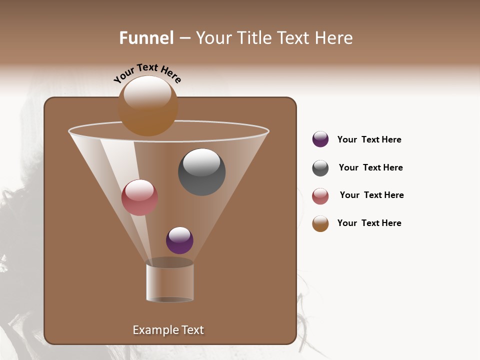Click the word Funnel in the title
click(146, 38)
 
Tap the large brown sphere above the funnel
click(148, 106)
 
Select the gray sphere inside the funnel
click(201, 172)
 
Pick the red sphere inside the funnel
click(139, 197)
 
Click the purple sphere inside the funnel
click(179, 240)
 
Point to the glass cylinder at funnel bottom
click(170, 282)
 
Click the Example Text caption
click(168, 330)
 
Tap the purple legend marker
click(320, 139)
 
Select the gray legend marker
click(320, 168)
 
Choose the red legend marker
click(320, 196)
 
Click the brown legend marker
click(320, 223)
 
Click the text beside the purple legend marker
click(369, 140)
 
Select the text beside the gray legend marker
click(370, 168)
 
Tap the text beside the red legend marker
click(371, 195)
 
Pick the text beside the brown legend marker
click(369, 223)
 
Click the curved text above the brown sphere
click(147, 71)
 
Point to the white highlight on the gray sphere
click(201, 162)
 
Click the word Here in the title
click(333, 38)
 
